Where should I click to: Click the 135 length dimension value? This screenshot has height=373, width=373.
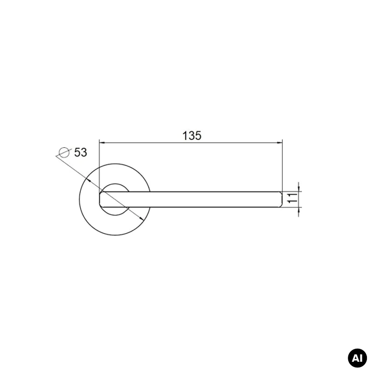pos(192,136)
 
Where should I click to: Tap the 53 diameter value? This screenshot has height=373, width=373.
pos(81,152)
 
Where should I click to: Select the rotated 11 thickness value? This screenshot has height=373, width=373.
pos(293,198)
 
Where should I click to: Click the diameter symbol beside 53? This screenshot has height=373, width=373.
pos(64,152)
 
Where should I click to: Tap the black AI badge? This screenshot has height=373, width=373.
pos(357,358)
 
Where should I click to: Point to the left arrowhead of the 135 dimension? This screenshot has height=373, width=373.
pos(102,143)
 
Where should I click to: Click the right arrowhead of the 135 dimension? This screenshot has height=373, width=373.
pos(280,143)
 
